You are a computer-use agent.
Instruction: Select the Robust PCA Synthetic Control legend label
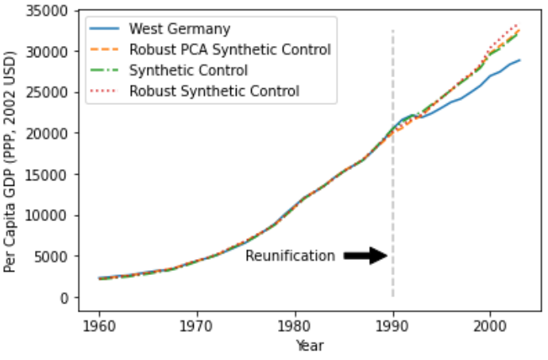(x=230, y=50)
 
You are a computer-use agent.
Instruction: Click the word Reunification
(x=290, y=256)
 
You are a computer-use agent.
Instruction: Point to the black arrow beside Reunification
(x=365, y=256)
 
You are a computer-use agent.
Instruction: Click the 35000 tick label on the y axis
(x=47, y=11)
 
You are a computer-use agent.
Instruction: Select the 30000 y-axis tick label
(x=47, y=52)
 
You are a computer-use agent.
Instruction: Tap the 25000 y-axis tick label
(x=47, y=93)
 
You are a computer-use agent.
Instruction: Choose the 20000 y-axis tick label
(x=47, y=134)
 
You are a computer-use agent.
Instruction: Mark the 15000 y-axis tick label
(x=47, y=175)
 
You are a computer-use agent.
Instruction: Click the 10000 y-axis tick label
(x=47, y=216)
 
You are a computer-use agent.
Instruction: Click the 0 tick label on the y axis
(x=64, y=298)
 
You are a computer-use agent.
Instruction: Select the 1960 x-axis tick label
(x=99, y=327)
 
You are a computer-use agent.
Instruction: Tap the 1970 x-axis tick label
(x=197, y=327)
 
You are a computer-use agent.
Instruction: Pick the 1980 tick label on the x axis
(x=295, y=327)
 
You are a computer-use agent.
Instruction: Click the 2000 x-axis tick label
(x=490, y=327)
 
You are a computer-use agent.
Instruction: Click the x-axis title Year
(x=310, y=346)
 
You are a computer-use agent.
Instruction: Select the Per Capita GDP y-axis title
(x=10, y=162)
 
